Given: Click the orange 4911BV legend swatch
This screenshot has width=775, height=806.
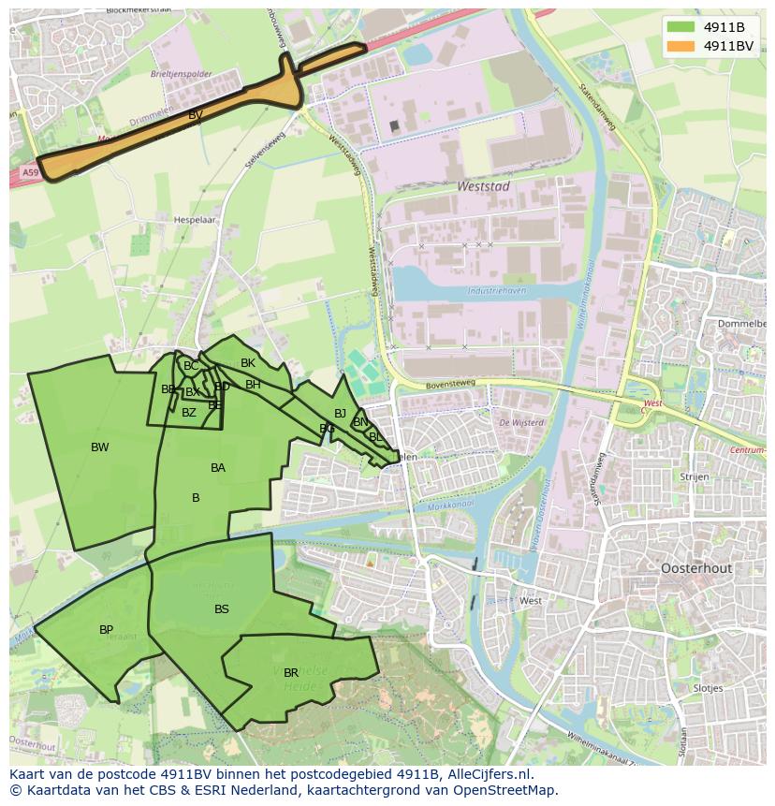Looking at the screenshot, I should click(x=682, y=46).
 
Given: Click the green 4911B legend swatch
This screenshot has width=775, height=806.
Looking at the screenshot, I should click(x=682, y=27).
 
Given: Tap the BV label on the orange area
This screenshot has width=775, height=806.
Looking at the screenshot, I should click(x=196, y=115).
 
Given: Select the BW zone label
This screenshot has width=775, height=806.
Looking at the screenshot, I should click(x=100, y=447).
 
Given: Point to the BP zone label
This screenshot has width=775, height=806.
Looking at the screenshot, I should click(x=107, y=630).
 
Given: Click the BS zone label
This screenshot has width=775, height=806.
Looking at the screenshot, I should click(x=222, y=609).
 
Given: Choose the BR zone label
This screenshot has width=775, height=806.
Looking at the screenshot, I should click(x=291, y=673).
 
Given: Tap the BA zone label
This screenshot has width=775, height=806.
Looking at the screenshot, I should click(x=218, y=468).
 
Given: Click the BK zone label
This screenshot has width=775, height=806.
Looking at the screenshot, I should click(x=248, y=363).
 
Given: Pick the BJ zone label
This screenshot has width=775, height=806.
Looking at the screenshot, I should click(x=340, y=414).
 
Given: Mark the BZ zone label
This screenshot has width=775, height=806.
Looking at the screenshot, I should click(x=189, y=413).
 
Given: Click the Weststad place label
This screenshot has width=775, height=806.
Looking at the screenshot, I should click(x=483, y=186).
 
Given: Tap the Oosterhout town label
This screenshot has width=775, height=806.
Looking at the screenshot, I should click(x=696, y=568).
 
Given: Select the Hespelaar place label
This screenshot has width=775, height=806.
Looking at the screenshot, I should click(x=195, y=220).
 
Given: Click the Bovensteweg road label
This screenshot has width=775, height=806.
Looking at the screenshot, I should click(x=448, y=381).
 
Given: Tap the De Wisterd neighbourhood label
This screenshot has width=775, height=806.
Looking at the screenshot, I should click(x=521, y=422).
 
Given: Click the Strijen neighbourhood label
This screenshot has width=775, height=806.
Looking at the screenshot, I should click(x=695, y=476).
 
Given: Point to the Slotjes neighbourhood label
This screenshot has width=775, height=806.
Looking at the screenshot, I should click(x=709, y=688).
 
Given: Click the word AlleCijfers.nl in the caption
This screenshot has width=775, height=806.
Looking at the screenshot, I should click(x=489, y=774).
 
